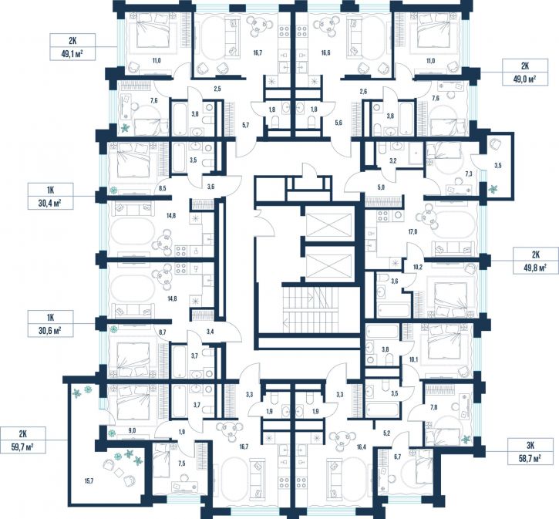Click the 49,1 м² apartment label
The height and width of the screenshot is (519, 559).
pos(72,47)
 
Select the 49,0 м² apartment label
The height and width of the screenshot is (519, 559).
pos(525,72)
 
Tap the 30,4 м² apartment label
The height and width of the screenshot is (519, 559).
pos(51,196)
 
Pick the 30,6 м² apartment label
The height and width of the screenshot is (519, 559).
pos(51,323)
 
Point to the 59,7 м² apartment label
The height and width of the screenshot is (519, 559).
pos(23,440)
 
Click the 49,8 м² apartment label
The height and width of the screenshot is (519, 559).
pos(535,261)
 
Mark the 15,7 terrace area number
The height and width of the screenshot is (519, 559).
pos(89,481)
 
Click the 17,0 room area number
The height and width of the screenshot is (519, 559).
pos(413,232)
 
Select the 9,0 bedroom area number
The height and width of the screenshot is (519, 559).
pos(132,430)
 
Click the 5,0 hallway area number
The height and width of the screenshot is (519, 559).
pos(380,187)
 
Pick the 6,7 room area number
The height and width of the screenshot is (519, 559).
pos(398,457)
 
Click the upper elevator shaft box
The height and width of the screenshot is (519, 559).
pos(328,225)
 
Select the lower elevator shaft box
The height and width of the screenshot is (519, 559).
pos(328,266)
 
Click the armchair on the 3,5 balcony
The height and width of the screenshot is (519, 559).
pos(496,144)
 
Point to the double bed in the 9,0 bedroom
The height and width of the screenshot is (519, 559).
pos(133,402)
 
